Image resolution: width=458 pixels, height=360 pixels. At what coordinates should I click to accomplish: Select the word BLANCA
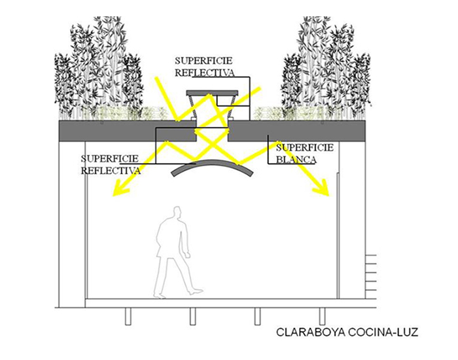296,160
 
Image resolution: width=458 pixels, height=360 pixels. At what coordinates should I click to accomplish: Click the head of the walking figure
177,213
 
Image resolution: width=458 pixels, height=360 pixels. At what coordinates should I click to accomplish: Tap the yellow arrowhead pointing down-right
321,188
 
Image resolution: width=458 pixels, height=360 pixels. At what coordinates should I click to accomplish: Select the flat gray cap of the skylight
213,93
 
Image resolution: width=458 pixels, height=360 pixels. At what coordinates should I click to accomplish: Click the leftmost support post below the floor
128,316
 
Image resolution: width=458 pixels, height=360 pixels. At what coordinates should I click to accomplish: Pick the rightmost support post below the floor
322,316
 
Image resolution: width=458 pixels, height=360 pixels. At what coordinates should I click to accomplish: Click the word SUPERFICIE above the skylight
203,61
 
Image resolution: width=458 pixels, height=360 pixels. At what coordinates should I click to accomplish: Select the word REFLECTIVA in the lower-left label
111,171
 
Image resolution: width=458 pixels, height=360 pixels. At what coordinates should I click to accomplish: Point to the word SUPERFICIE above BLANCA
305,147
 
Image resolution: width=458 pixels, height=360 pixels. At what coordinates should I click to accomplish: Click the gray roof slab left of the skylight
128,131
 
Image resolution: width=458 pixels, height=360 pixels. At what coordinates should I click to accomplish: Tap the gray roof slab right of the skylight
296,131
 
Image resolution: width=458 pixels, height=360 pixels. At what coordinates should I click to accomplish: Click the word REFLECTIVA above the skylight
204,73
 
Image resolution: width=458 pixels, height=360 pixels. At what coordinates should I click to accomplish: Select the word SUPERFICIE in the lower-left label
109,158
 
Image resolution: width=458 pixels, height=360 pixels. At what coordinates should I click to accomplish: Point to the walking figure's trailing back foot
160,295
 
